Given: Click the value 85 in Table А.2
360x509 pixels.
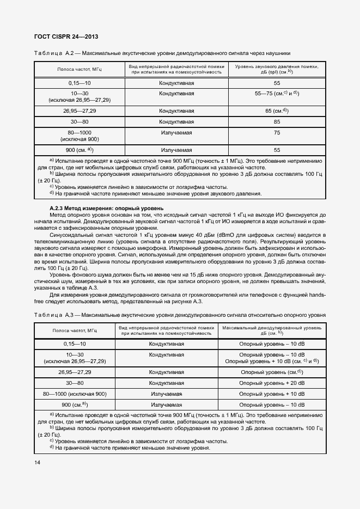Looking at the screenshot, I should (277, 121).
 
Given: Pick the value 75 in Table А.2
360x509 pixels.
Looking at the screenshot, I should (277, 132).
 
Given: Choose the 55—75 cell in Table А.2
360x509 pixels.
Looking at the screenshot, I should (277, 94).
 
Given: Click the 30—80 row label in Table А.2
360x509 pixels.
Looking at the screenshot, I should (80, 121).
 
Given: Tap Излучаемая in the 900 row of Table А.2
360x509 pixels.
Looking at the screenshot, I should (176, 149).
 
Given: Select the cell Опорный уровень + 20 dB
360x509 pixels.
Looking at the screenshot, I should (272, 383).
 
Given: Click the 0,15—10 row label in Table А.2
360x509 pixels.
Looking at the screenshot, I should (80, 83).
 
